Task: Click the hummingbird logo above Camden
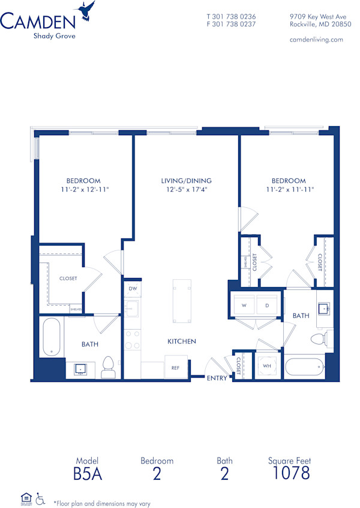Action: pyautogui.click(x=86, y=10)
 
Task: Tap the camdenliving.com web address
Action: pyautogui.click(x=316, y=39)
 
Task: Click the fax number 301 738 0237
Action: pyautogui.click(x=231, y=25)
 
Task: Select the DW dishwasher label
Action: pyautogui.click(x=131, y=289)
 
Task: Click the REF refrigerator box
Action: pyautogui.click(x=176, y=367)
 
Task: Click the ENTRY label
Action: pyautogui.click(x=217, y=378)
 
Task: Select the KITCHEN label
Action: pyautogui.click(x=181, y=341)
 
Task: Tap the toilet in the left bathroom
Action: pyautogui.click(x=108, y=367)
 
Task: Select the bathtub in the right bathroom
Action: pyautogui.click(x=305, y=367)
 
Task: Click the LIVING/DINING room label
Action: pyautogui.click(x=186, y=181)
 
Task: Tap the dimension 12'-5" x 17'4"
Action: pyautogui.click(x=186, y=190)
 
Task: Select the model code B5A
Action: pyautogui.click(x=88, y=474)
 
